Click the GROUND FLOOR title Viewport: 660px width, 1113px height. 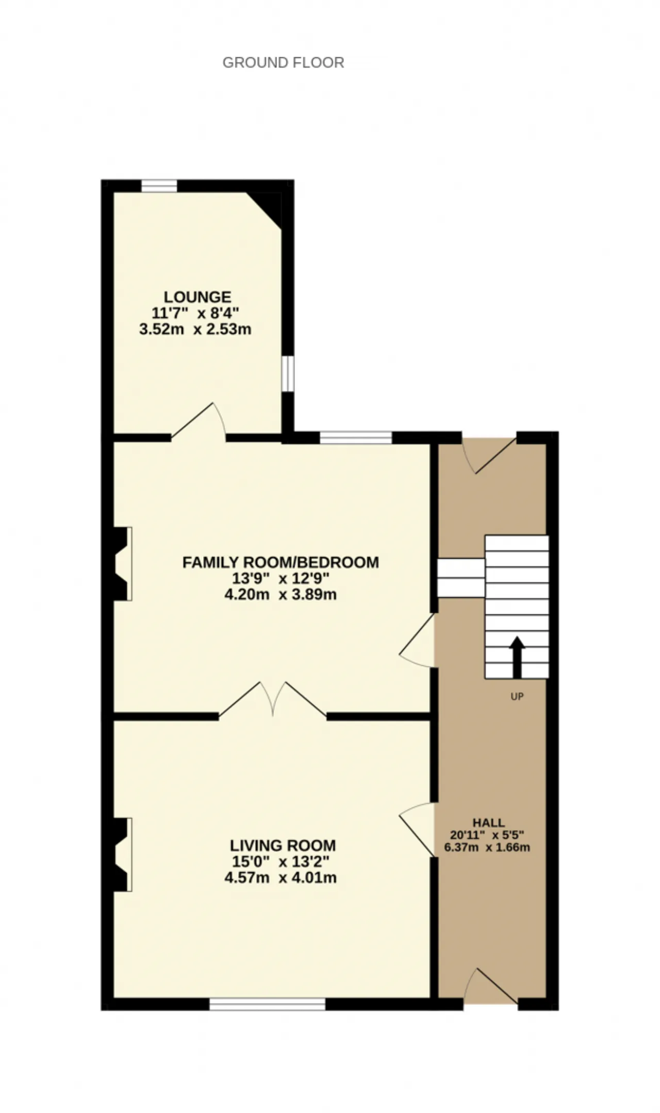click(283, 62)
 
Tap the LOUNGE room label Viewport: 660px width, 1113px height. click(197, 297)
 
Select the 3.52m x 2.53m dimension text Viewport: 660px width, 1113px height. click(195, 329)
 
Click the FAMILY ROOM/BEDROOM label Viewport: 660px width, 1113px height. click(280, 562)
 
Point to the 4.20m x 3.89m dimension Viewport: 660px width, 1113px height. click(280, 594)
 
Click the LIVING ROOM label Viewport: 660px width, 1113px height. click(283, 845)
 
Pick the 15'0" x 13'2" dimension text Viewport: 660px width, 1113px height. click(280, 861)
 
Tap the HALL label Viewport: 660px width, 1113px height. click(489, 823)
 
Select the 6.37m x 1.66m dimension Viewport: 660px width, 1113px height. click(487, 847)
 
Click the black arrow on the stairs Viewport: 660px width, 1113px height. click(517, 657)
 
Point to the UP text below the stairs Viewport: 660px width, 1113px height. click(517, 697)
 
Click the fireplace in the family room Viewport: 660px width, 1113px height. click(122, 563)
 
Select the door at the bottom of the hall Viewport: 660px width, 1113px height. click(490, 986)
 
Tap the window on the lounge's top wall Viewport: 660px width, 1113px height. click(159, 186)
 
